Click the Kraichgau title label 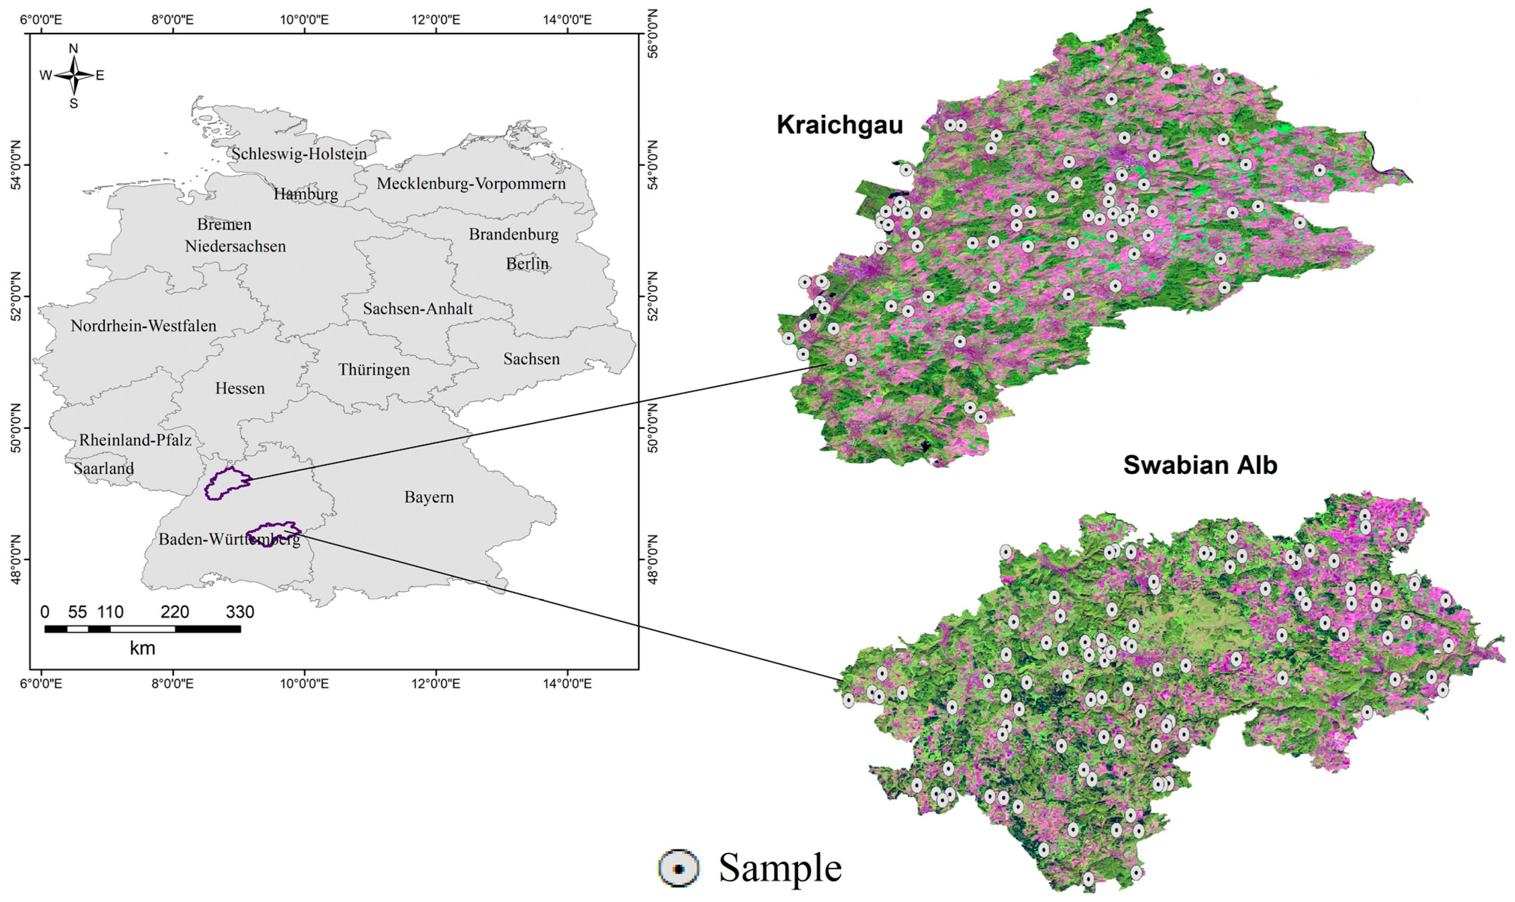(x=839, y=125)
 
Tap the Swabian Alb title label (x=1200, y=465)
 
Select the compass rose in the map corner (x=73, y=75)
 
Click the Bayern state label (x=429, y=497)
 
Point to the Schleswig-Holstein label (x=299, y=154)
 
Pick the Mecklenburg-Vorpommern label (x=471, y=183)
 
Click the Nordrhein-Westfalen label (x=143, y=326)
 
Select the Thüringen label (x=374, y=370)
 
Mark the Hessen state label (x=240, y=388)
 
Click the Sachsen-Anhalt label (x=418, y=309)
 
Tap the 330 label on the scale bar (x=240, y=612)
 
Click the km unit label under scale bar (x=142, y=649)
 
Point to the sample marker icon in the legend (x=679, y=868)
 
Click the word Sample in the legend (x=780, y=868)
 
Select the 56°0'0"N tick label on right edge (x=653, y=34)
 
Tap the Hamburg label (x=306, y=194)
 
